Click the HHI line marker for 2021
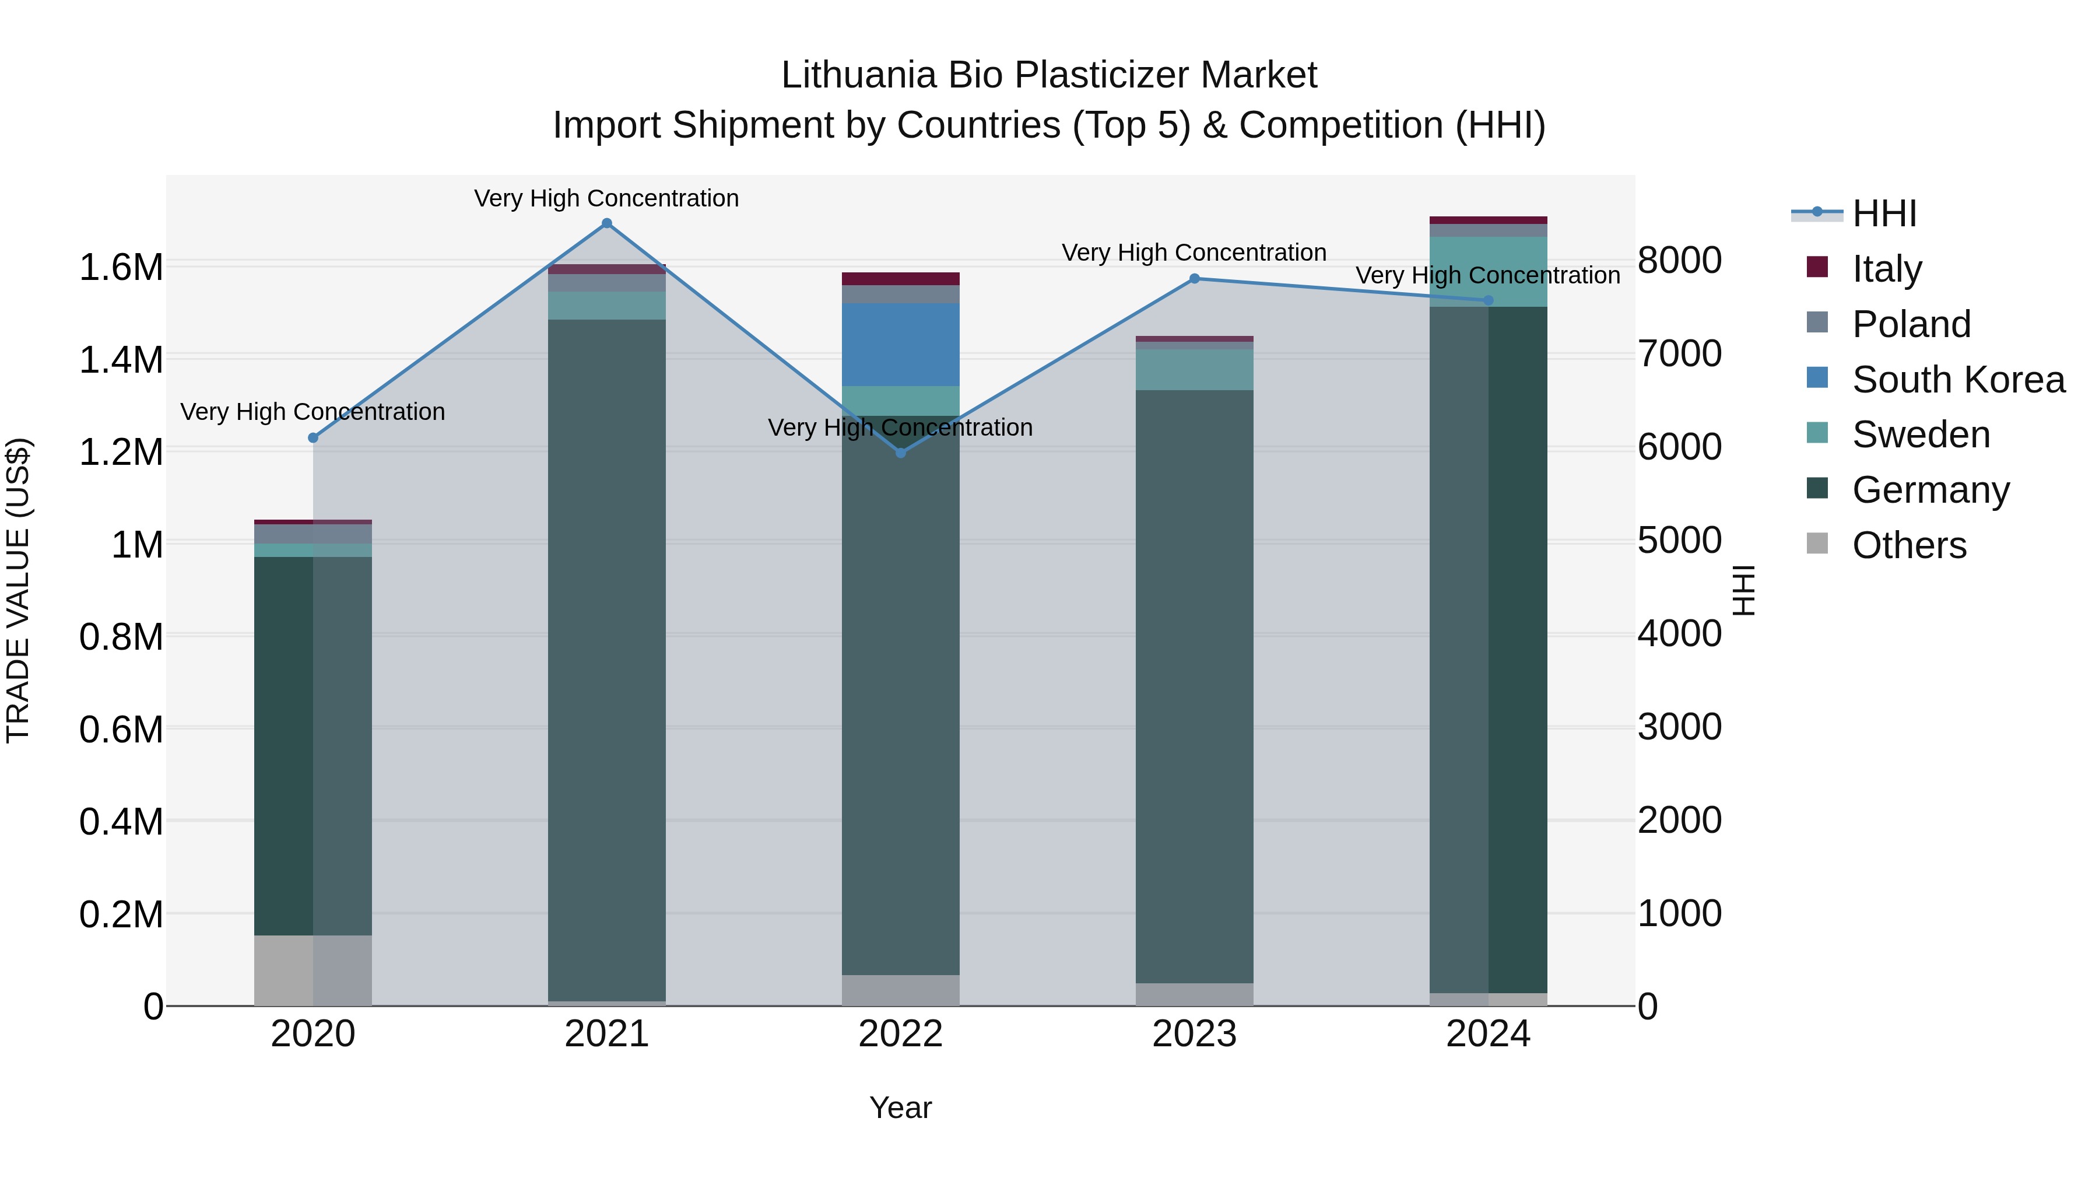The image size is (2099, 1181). pos(606,223)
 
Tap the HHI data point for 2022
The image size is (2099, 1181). pos(900,453)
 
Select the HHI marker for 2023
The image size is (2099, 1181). pos(1195,279)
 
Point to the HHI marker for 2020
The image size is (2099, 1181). pos(313,437)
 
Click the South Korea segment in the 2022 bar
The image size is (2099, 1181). pos(900,345)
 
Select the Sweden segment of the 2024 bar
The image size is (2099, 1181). pos(1488,271)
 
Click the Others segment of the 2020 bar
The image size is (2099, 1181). pos(313,970)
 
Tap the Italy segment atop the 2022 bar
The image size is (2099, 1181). pos(900,279)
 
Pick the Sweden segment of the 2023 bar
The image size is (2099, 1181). pos(1195,370)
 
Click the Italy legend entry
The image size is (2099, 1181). pos(1886,268)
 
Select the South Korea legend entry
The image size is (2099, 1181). pos(1958,379)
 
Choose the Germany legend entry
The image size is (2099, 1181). pos(1930,489)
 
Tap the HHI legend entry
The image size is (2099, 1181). pos(1883,213)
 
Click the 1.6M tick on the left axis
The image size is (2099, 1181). pos(121,267)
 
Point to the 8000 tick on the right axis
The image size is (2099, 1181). pos(1679,261)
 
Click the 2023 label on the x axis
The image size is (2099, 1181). pos(1195,1034)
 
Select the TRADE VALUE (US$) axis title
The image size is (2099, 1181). pos(18,590)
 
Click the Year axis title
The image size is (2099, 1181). pos(900,1108)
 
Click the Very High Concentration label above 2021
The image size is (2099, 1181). pos(606,198)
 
